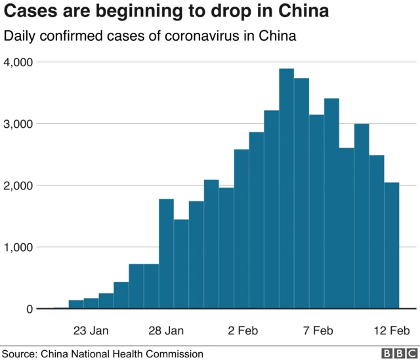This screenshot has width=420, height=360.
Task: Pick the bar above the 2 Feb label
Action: (x=241, y=229)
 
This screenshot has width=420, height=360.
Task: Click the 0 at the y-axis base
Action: (x=30, y=309)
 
